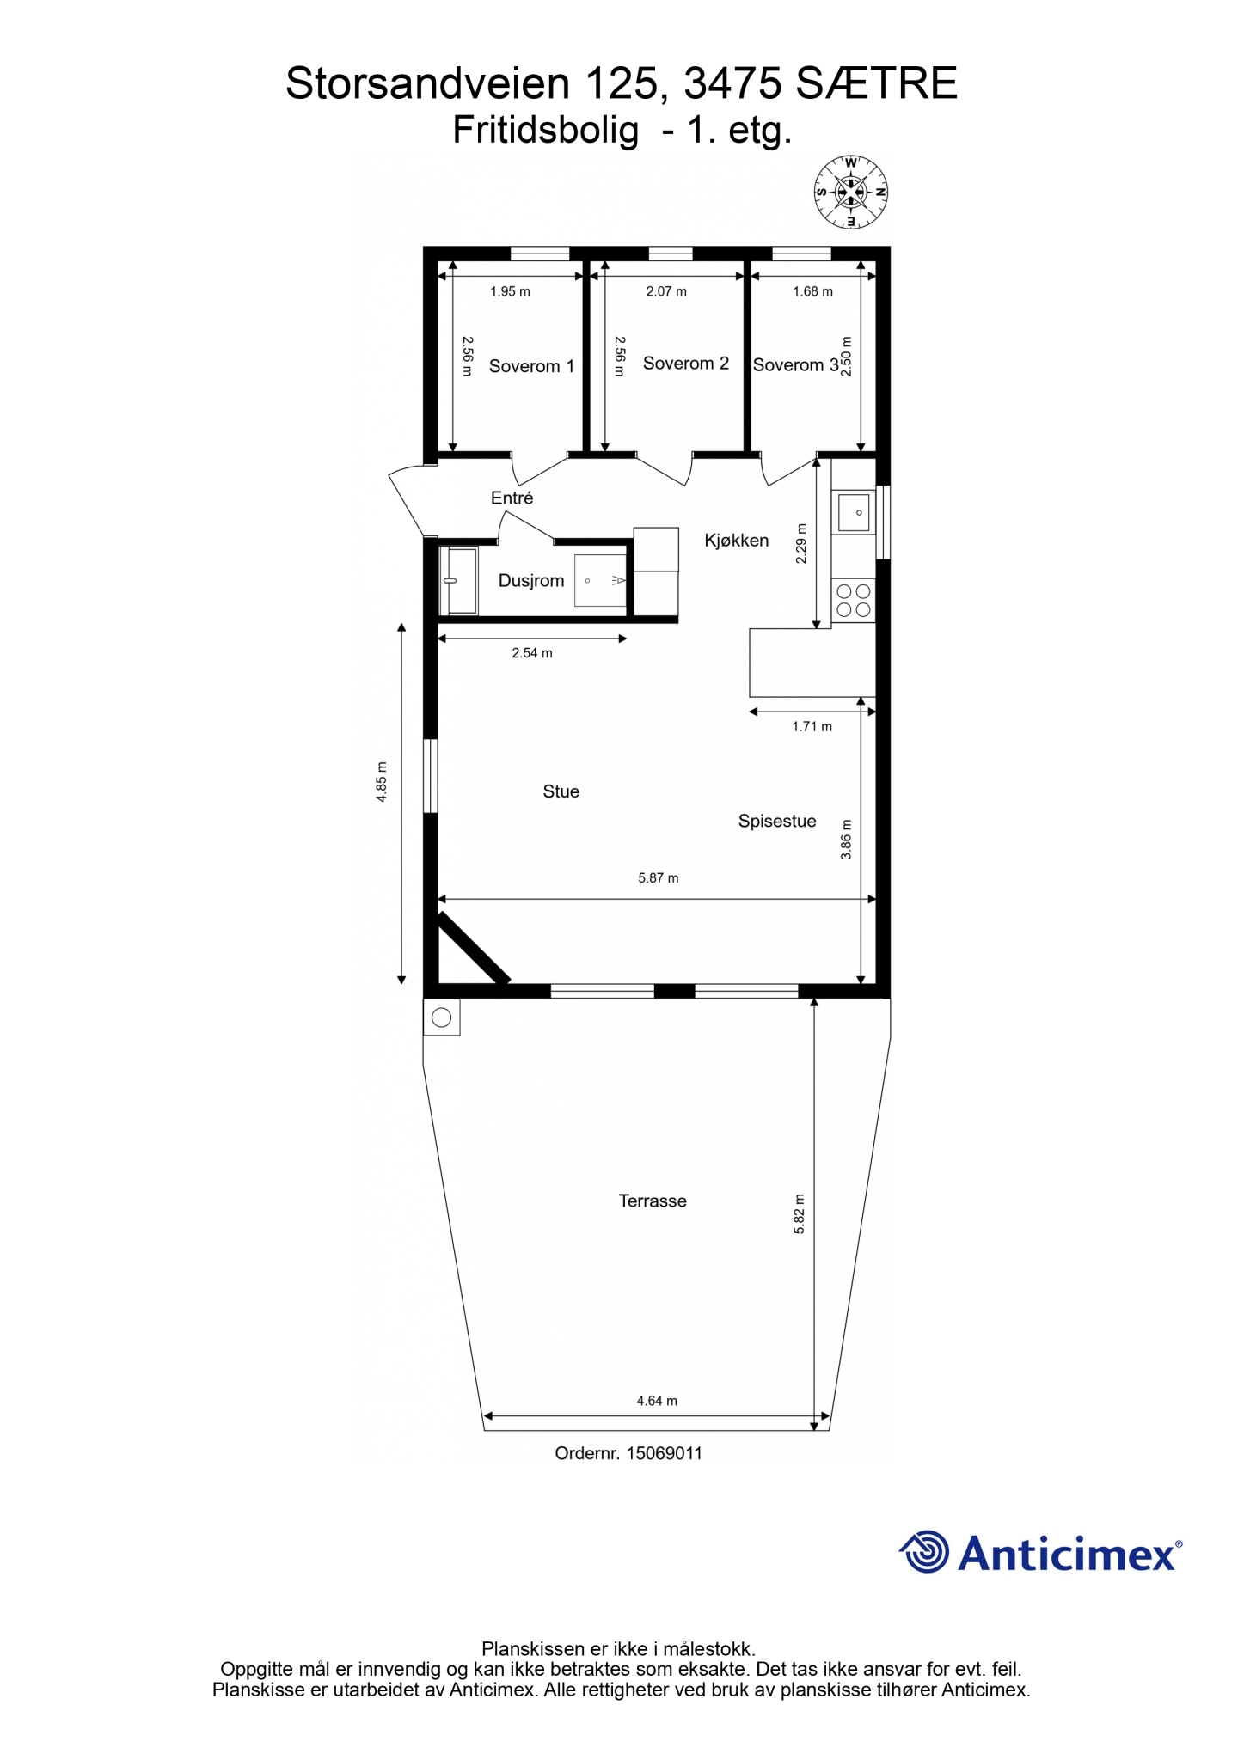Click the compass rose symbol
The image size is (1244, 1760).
[x=851, y=192]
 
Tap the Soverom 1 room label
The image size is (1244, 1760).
[x=531, y=366]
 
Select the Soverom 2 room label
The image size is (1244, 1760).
[x=686, y=364]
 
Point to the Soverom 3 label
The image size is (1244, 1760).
[x=796, y=365]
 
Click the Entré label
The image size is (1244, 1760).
[x=512, y=498]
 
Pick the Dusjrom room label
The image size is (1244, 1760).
[x=531, y=581]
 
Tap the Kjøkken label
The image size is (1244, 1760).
[x=737, y=541]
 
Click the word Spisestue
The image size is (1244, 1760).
[x=777, y=822]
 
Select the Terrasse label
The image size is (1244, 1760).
[x=653, y=1201]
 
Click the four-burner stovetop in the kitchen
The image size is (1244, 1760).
[x=854, y=601]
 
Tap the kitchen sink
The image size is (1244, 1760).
[x=855, y=512]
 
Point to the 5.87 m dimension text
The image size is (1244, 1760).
[x=659, y=878]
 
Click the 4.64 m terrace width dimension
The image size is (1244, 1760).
[x=657, y=1401]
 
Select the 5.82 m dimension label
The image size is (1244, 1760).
[x=800, y=1214]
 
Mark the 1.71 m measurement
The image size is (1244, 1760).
[x=812, y=727]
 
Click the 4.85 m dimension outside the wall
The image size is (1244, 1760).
[x=382, y=782]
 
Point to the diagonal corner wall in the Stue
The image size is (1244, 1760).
[x=475, y=949]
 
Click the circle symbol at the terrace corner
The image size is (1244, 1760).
[x=442, y=1018]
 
